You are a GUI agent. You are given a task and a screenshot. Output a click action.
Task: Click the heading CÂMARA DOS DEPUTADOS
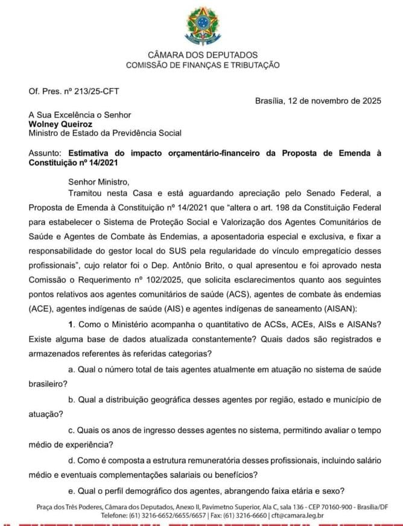coord(202,55)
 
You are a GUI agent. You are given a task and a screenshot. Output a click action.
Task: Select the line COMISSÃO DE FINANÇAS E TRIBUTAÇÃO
coord(202,65)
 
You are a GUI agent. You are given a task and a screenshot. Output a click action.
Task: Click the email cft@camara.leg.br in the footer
coord(298,515)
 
